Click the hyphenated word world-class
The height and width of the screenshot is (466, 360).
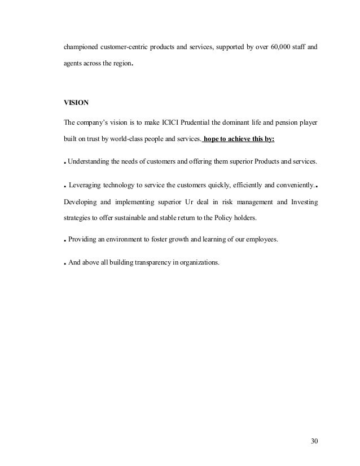(116, 139)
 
